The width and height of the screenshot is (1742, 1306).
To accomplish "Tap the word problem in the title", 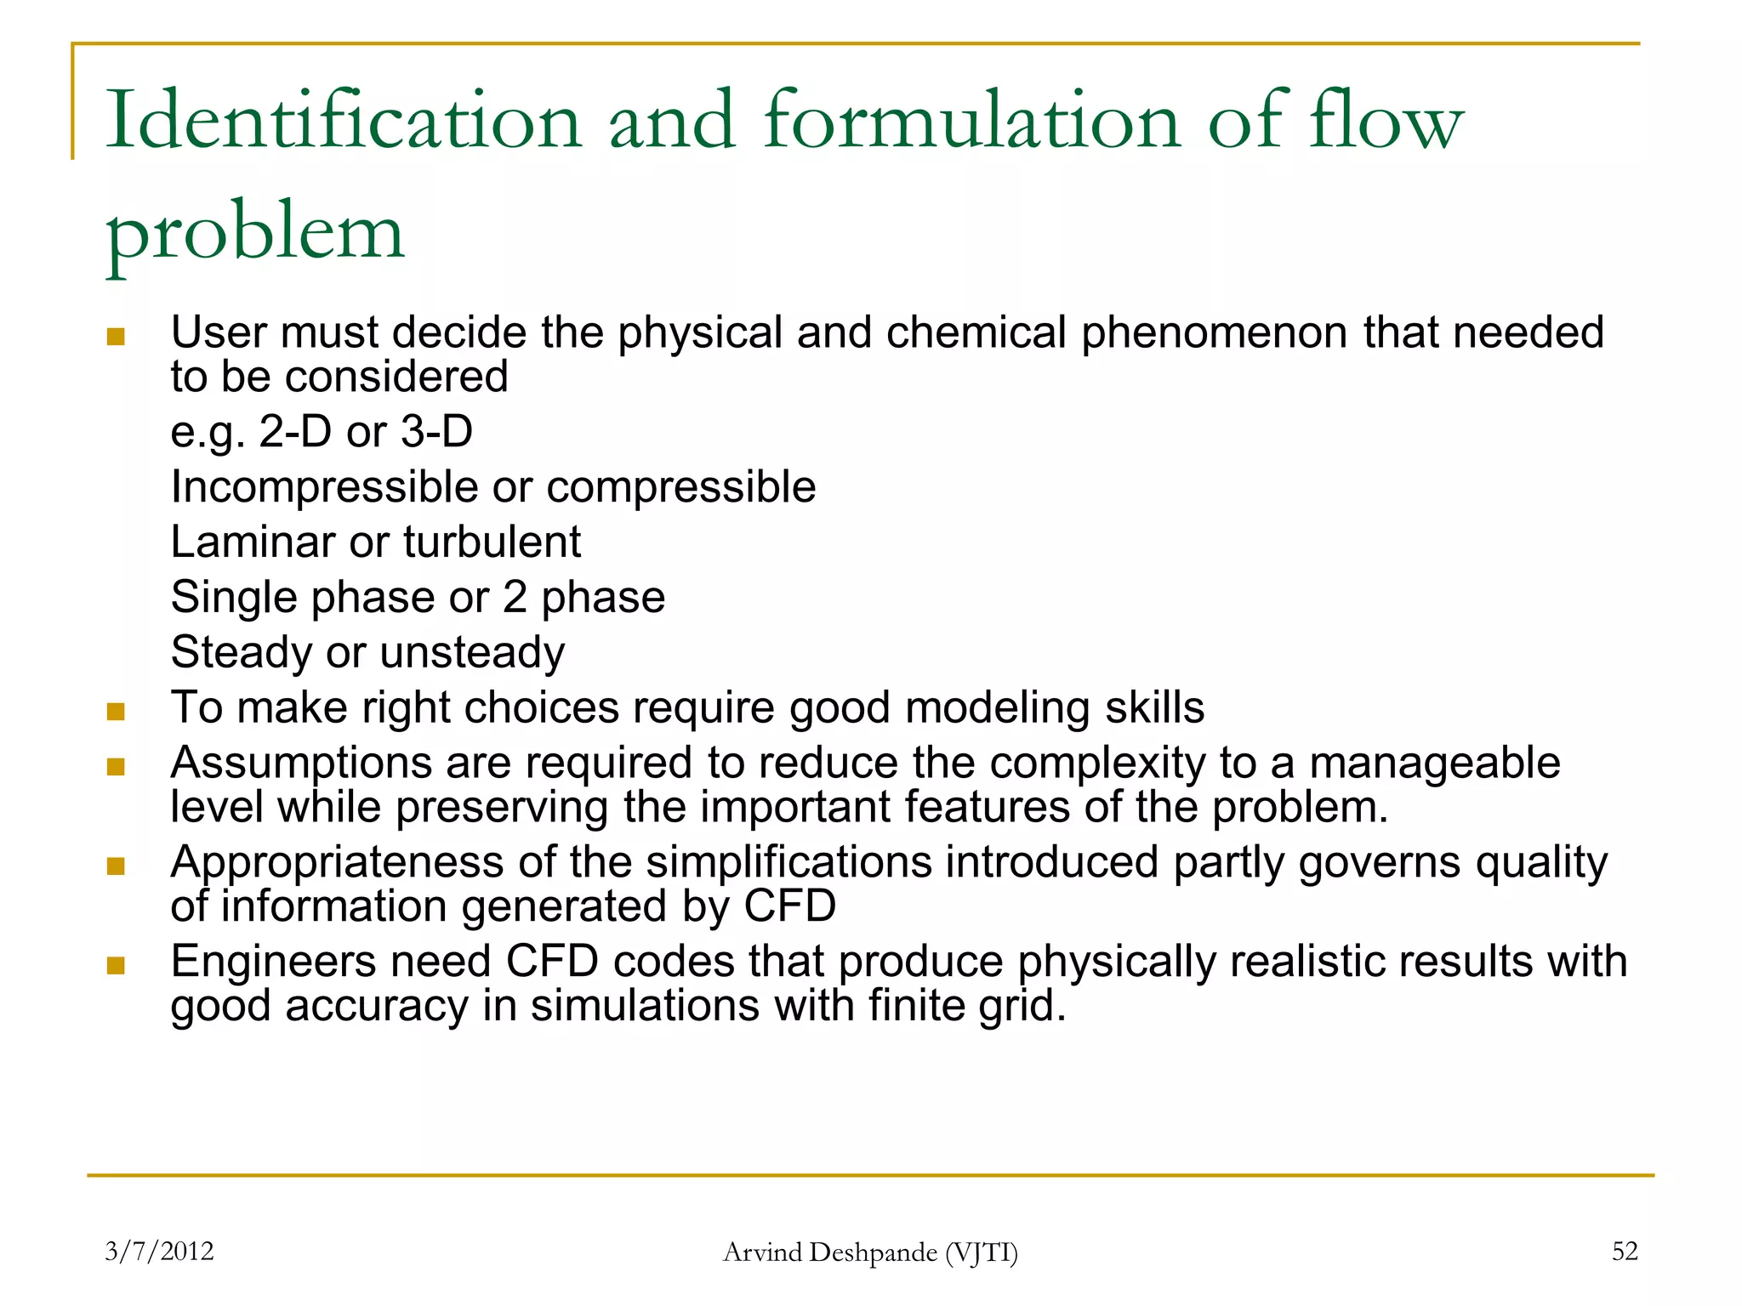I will pyautogui.click(x=254, y=232).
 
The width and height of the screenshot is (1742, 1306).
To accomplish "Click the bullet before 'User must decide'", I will pyautogui.click(x=116, y=338).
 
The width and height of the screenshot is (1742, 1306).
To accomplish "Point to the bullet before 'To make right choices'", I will pyautogui.click(x=116, y=712).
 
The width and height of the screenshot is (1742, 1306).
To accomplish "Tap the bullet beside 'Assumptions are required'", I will pyautogui.click(x=116, y=768).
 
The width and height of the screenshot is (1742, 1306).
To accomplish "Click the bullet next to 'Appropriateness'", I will pyautogui.click(x=116, y=866).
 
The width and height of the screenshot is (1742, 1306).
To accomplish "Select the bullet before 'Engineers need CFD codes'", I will pyautogui.click(x=116, y=966).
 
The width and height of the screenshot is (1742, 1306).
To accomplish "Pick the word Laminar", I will pyautogui.click(x=252, y=542).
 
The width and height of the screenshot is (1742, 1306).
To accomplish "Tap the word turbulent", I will pyautogui.click(x=492, y=542).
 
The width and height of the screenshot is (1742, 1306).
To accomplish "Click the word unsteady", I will pyautogui.click(x=472, y=653).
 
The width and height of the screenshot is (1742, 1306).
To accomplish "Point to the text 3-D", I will pyautogui.click(x=436, y=431).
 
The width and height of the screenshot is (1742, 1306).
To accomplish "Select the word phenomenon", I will pyautogui.click(x=1215, y=332).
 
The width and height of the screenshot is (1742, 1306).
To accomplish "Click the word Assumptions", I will pyautogui.click(x=301, y=763).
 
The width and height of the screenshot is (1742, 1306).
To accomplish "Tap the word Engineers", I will pyautogui.click(x=273, y=962).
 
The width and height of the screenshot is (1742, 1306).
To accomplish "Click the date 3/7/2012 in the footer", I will pyautogui.click(x=159, y=1251).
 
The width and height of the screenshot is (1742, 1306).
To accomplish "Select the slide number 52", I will pyautogui.click(x=1625, y=1251).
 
